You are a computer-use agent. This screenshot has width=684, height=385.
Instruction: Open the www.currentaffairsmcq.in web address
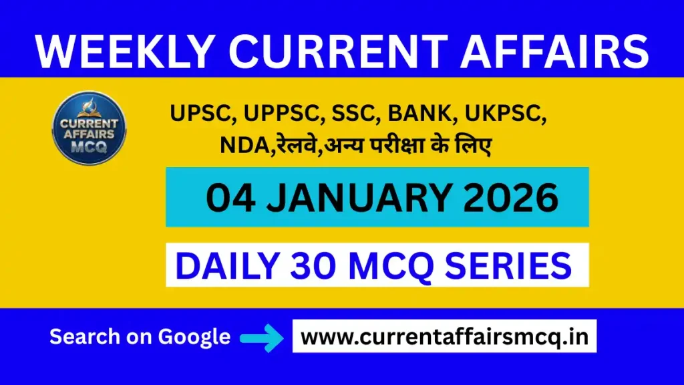click(x=444, y=336)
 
